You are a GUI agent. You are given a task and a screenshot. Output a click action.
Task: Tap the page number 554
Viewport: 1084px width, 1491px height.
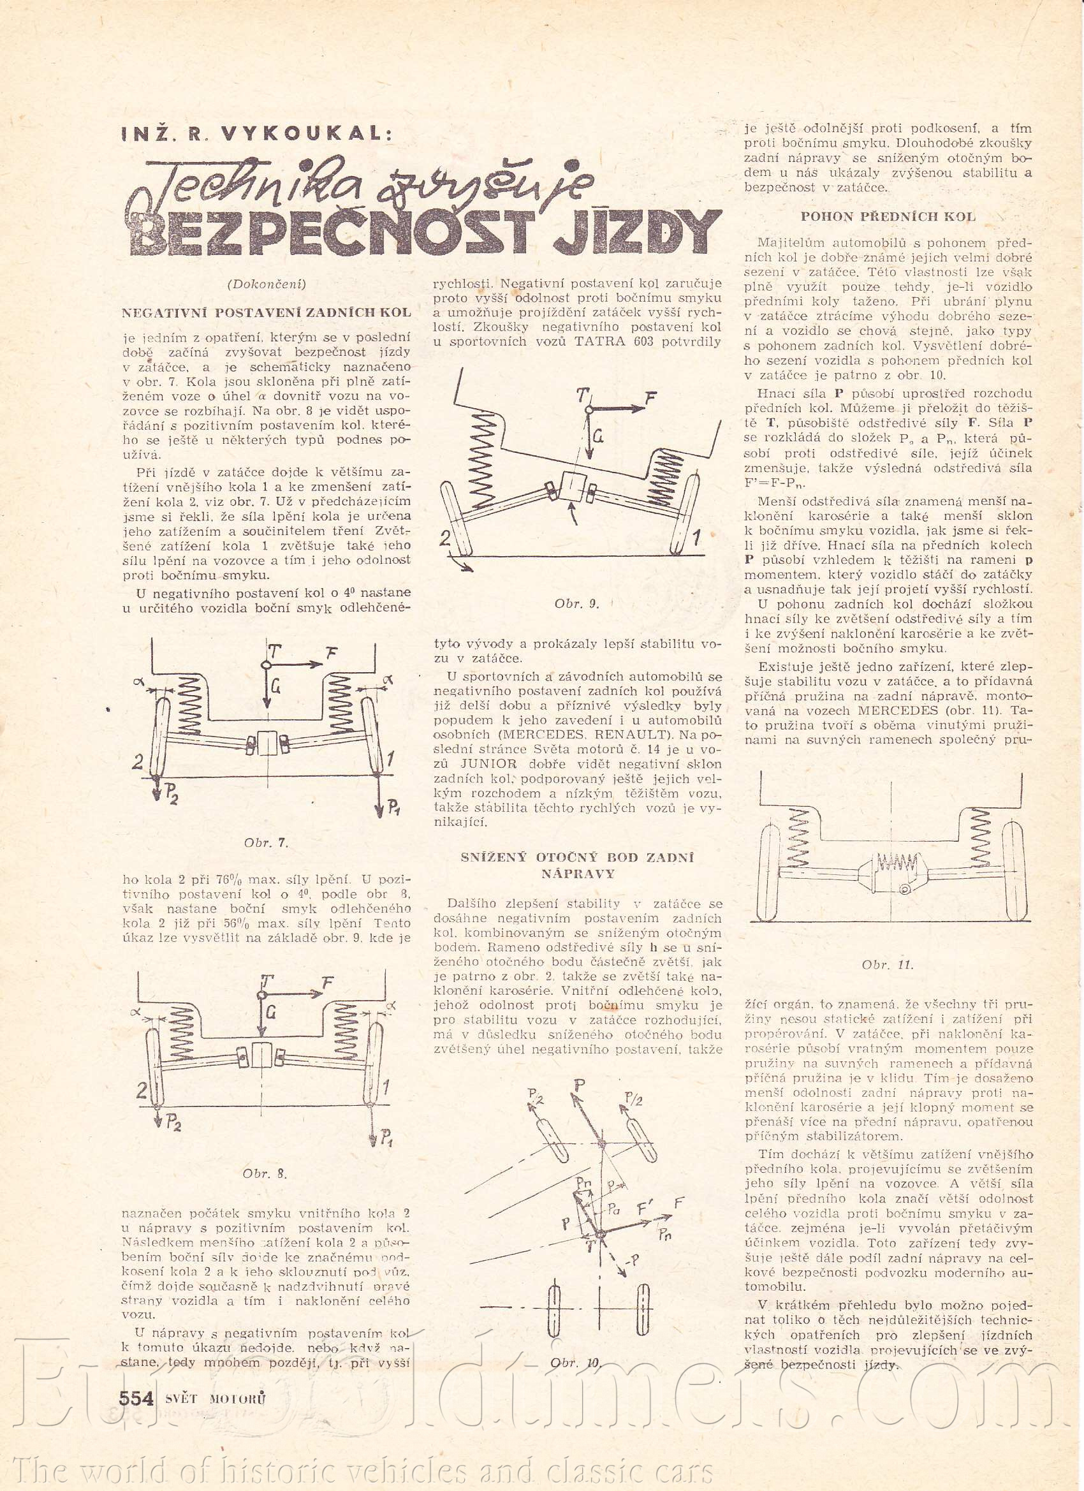[135, 1397]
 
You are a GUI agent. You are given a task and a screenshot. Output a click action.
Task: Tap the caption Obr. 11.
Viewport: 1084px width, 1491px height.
[888, 965]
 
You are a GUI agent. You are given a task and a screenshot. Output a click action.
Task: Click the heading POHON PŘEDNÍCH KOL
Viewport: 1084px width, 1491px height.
[889, 216]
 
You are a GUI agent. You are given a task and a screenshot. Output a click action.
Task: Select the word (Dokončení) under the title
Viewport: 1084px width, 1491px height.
[267, 283]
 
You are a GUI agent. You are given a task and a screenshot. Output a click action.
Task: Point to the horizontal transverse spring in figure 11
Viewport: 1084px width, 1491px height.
[895, 860]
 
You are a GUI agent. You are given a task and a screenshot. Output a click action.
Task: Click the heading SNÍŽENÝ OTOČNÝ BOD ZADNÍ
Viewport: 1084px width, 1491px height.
[577, 857]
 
